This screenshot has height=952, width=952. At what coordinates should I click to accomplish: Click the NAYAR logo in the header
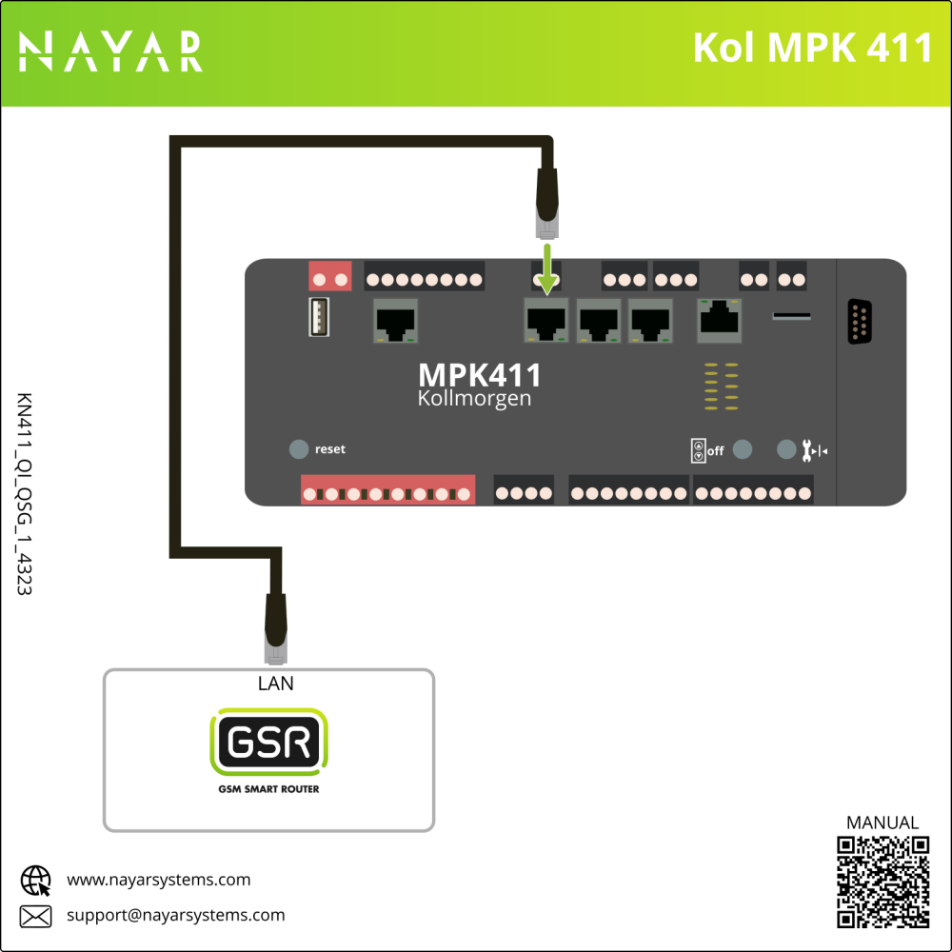click(x=110, y=51)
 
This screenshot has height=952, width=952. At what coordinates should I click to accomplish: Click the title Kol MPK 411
click(x=812, y=49)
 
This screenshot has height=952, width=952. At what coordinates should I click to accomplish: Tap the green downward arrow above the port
click(x=547, y=269)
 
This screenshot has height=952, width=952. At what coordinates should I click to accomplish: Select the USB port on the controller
click(x=319, y=317)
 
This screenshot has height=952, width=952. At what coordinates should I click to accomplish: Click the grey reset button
click(x=299, y=449)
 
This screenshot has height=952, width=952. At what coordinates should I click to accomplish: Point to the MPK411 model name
click(x=480, y=375)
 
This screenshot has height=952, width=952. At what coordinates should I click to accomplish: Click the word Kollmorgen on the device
click(x=474, y=398)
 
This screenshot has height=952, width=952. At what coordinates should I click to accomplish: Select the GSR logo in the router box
click(x=268, y=742)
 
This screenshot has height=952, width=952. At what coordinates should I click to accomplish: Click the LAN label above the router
click(x=276, y=684)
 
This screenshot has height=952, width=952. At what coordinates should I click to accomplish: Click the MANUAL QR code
click(x=883, y=881)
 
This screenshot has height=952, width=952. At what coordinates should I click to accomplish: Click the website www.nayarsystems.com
click(x=158, y=880)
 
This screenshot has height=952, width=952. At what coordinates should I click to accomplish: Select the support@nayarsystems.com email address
click(x=175, y=916)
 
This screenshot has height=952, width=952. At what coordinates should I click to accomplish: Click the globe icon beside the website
click(x=36, y=880)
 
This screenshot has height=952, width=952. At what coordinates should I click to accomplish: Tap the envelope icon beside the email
click(x=36, y=916)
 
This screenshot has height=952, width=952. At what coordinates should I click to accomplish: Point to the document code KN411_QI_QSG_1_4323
click(x=25, y=494)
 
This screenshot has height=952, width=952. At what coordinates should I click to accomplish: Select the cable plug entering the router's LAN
click(x=275, y=629)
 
